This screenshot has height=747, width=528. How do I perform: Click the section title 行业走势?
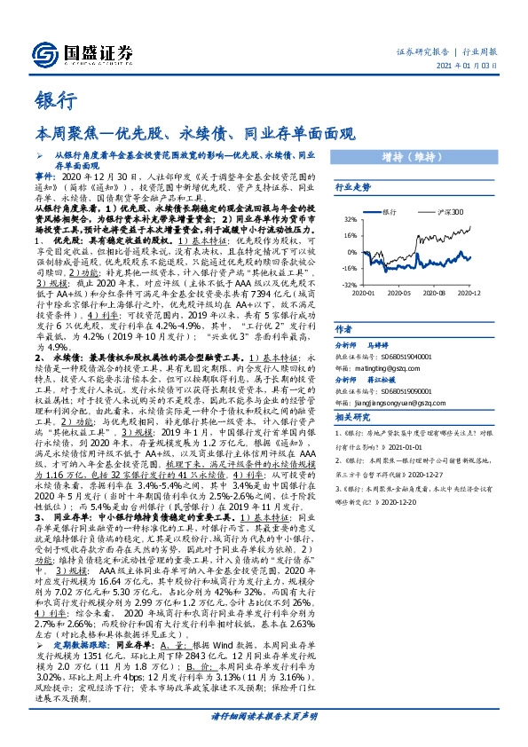(x=352, y=188)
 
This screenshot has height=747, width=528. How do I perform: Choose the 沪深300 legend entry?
(x=446, y=213)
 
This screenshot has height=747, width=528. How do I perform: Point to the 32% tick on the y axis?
(x=350, y=219)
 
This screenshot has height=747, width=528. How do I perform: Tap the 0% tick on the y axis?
(x=351, y=251)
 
